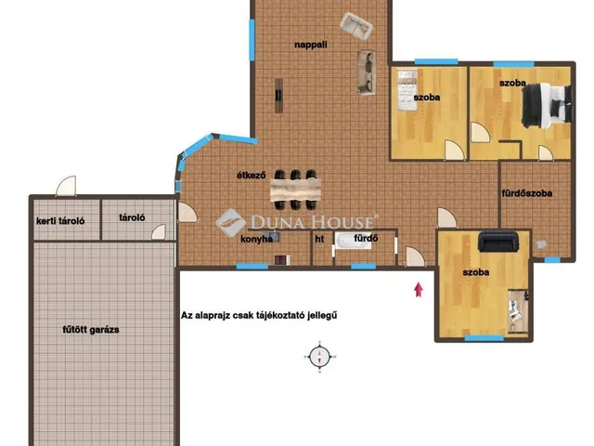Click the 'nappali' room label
(311, 45)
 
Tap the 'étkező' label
(252, 176)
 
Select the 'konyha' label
(256, 240)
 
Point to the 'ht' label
(319, 239)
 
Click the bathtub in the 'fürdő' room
(353, 241)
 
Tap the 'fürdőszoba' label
(526, 193)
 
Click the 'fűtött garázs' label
(91, 330)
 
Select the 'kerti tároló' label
(60, 221)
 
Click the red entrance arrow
(419, 289)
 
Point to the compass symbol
(319, 357)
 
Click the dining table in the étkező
(295, 190)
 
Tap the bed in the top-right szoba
(547, 105)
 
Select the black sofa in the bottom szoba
(497, 241)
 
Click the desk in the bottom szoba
(518, 312)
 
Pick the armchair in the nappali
(356, 26)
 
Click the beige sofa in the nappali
(367, 72)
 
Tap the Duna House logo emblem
(230, 223)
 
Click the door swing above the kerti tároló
(66, 186)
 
